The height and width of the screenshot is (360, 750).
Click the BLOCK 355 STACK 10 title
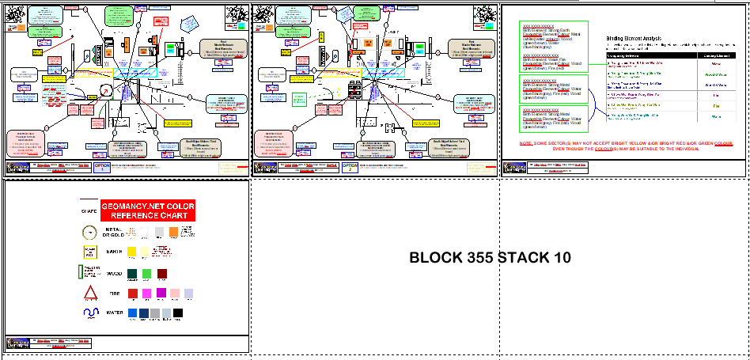coord(490,258)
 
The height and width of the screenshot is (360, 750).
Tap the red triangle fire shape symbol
coord(89,294)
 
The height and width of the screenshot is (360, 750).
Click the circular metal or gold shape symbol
coord(89,232)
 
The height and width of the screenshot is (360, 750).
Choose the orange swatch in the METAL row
coord(173,232)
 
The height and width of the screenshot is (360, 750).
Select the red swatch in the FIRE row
coord(132,294)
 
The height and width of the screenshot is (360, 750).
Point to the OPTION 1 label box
coord(104,167)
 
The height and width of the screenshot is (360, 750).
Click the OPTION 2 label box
coord(349,167)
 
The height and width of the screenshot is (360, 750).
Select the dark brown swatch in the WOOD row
coord(162,274)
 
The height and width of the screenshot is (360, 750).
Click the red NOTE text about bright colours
coord(626,146)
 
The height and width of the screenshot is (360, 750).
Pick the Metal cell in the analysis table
coord(715,64)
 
